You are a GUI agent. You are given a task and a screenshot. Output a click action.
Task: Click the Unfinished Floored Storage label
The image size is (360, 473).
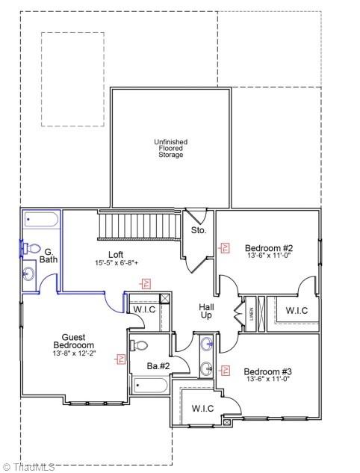170,148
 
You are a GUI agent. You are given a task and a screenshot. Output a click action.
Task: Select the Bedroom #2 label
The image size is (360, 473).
268,248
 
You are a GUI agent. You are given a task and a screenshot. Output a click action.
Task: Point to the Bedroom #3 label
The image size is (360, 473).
268,371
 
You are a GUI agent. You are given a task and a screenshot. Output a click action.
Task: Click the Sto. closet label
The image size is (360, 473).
198,231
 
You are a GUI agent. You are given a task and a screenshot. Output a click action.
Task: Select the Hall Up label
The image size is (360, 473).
206,311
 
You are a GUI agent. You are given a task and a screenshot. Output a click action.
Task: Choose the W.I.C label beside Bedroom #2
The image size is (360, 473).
297,310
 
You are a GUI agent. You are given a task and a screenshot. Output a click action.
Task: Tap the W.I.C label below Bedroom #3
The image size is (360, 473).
203,408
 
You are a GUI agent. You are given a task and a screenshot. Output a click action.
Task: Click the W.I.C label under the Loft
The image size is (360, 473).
144,309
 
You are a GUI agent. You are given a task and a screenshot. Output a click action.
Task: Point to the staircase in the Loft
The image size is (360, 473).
141,223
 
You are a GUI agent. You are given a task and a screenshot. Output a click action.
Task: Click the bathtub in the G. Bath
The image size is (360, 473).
41,220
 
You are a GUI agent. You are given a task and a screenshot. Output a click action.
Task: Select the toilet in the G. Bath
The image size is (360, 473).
32,248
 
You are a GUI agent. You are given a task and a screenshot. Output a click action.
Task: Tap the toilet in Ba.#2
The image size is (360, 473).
140,345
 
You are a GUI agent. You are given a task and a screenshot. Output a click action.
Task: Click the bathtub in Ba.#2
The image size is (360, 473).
152,386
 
